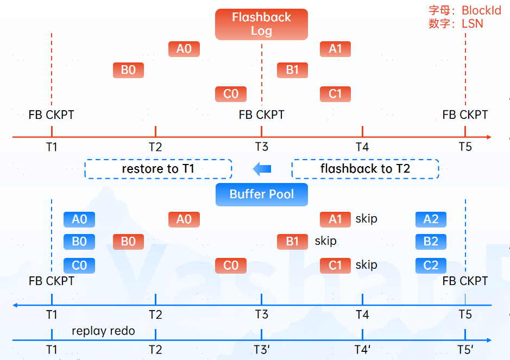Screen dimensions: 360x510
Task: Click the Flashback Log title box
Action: click(x=261, y=24)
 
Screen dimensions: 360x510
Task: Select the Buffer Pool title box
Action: click(x=261, y=194)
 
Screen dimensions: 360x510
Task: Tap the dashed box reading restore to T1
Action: click(x=158, y=169)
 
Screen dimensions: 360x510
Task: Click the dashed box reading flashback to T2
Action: click(x=365, y=169)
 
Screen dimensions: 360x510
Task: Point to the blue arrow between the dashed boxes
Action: click(x=262, y=169)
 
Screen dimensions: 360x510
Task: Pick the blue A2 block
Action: click(x=431, y=219)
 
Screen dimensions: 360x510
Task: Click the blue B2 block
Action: click(x=431, y=241)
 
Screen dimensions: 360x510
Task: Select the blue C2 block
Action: click(x=431, y=266)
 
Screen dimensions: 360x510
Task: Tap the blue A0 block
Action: click(x=79, y=219)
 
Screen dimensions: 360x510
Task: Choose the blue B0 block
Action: click(x=79, y=241)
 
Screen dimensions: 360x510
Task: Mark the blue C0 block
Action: click(x=79, y=266)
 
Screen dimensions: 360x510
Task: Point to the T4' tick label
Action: click(x=363, y=350)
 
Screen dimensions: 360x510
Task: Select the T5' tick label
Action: click(x=465, y=350)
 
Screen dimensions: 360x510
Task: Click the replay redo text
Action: click(x=103, y=331)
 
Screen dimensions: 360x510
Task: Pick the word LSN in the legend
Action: click(x=473, y=23)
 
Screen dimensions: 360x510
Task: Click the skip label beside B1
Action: click(x=325, y=241)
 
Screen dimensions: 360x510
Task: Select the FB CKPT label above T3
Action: click(x=261, y=115)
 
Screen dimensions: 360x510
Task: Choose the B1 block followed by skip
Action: click(x=292, y=241)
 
